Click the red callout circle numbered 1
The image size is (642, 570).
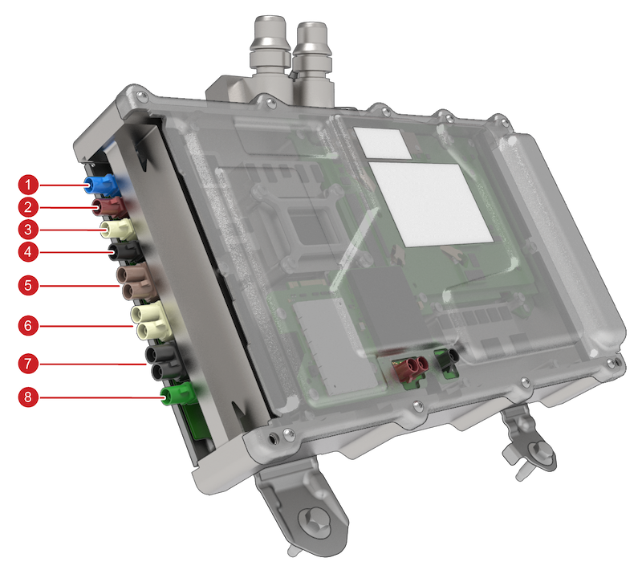28,185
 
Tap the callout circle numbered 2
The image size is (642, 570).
28,207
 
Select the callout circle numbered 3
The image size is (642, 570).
28,230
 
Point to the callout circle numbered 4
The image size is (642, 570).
28,251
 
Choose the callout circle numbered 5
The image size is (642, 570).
28,286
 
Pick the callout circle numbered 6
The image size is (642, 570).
28,325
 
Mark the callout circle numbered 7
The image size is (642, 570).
28,364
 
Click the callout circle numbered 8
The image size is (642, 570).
28,397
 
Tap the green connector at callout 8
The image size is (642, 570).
179,394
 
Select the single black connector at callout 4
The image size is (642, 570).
125,250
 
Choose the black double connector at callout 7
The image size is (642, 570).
165,362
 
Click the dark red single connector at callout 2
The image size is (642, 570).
110,207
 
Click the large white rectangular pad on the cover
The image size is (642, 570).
432,205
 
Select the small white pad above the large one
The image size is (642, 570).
382,144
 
